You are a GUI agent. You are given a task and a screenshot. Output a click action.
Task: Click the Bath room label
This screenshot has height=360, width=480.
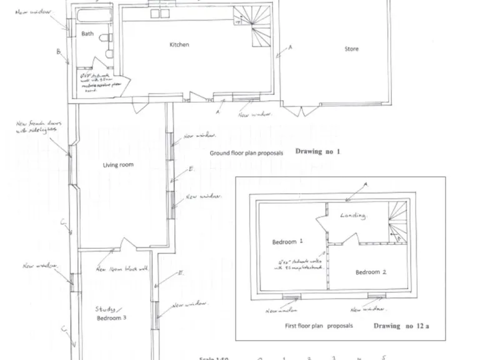pos(87,34)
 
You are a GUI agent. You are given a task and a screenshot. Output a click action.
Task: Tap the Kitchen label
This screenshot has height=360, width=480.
pos(179,44)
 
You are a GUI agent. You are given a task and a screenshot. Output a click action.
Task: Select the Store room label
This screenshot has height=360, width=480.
pos(352,49)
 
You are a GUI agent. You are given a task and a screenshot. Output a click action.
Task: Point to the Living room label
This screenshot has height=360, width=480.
pos(118,165)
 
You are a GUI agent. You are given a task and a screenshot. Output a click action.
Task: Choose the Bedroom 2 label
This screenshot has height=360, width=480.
pos(371,272)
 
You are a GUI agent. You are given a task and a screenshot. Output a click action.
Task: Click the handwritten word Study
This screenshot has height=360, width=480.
pos(106,309)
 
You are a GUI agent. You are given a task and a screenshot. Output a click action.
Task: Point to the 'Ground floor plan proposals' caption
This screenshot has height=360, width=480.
pos(246,152)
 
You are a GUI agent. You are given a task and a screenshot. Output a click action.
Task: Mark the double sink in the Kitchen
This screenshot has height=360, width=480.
pos(160,13)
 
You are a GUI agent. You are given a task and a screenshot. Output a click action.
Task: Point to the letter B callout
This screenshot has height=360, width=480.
pos(59,52)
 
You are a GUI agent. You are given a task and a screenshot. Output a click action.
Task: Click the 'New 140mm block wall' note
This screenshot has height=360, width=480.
pos(122,269)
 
